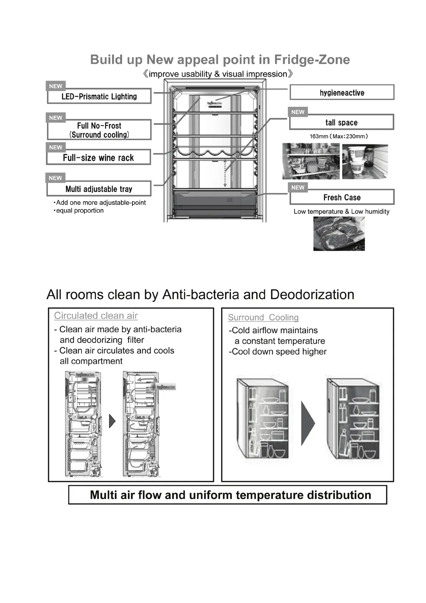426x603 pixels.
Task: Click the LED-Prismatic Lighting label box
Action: tap(99, 96)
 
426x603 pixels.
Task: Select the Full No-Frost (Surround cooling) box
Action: tap(99, 130)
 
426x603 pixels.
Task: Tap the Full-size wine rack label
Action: tap(98, 158)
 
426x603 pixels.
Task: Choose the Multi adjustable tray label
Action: tap(99, 189)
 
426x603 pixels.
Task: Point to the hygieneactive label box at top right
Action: tap(342, 93)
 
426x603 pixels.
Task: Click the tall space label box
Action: tap(342, 122)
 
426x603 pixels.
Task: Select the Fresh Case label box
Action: tap(342, 197)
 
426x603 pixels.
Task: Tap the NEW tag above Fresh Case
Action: tap(298, 187)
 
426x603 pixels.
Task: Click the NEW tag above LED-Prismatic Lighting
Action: tap(55, 86)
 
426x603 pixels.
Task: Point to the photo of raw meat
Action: tap(339, 233)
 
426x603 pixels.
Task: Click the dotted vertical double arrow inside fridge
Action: tap(225, 173)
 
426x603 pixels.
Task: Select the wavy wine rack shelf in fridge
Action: tap(215, 154)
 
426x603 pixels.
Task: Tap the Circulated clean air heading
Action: tap(96, 315)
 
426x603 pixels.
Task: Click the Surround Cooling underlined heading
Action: tap(263, 317)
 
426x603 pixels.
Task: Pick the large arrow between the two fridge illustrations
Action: tap(308, 423)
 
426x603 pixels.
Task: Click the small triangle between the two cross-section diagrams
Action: tap(112, 421)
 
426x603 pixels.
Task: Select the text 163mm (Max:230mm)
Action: tap(339, 136)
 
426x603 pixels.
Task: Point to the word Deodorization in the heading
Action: tap(312, 294)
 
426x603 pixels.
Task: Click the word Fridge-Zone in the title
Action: tap(312, 59)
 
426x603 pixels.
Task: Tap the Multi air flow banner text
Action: tap(230, 495)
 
